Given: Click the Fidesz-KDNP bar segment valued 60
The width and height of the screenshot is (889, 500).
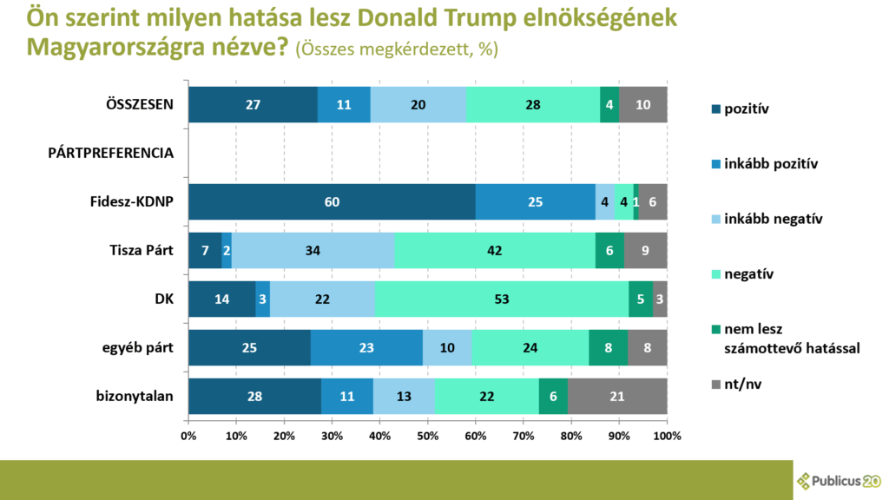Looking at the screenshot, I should click(x=332, y=201).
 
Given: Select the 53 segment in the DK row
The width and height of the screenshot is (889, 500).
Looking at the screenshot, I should click(x=502, y=299).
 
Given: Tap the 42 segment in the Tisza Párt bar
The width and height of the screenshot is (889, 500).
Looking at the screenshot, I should click(x=495, y=250).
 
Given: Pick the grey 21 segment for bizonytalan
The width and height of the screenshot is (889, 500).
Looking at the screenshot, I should click(x=617, y=396).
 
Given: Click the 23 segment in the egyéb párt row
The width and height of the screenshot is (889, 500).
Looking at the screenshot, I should click(x=367, y=347).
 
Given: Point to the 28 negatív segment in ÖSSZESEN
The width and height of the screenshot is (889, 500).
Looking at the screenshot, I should click(x=533, y=104).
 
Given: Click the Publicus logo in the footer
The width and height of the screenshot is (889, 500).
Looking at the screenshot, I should click(x=839, y=480).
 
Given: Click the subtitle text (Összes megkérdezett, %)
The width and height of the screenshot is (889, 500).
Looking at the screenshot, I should click(x=397, y=50).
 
